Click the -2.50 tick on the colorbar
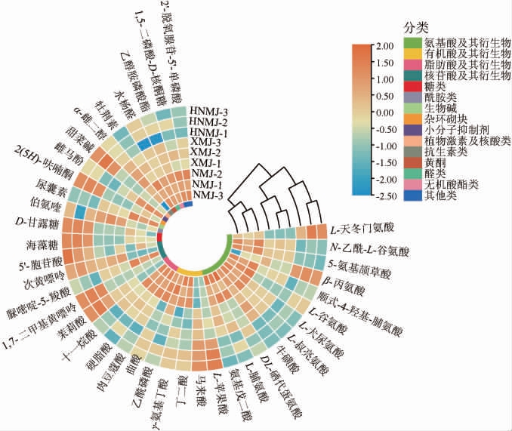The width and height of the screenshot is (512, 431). coord(384,195)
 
